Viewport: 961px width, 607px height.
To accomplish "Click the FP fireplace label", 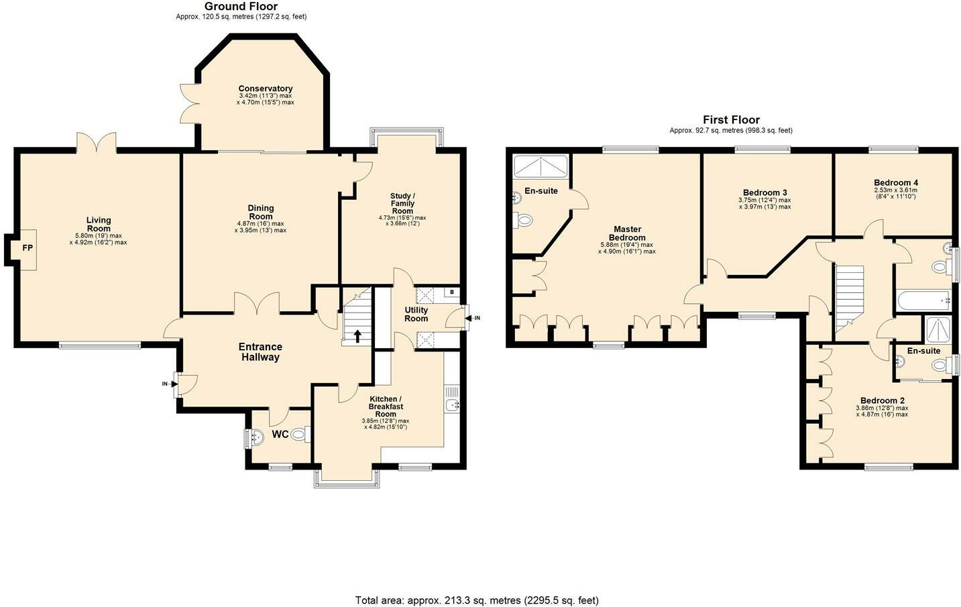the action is coord(27,248).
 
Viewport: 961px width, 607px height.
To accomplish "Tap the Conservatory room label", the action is coord(266,89).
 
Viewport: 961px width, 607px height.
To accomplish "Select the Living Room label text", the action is coord(99,224).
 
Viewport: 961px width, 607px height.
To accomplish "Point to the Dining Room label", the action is coord(261,213).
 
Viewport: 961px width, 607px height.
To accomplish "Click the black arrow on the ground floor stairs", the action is coord(357,336).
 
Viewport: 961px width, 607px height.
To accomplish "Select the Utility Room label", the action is coord(416,314).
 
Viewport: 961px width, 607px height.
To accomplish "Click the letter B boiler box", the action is coord(452,292).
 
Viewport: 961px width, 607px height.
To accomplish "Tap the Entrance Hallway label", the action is coord(260,351).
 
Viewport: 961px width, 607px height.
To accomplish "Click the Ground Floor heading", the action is coord(241,7).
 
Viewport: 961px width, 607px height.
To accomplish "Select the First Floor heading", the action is coord(732,119).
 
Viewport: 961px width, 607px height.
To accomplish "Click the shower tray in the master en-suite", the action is coord(541,167).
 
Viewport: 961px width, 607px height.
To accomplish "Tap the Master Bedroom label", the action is coord(627,233).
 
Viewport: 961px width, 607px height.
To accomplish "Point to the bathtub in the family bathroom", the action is coord(922,300).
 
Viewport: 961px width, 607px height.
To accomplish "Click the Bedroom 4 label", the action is coord(896,182).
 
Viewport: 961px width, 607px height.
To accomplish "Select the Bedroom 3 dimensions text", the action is coord(765,203).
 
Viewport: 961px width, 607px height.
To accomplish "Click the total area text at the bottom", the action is coord(477,600).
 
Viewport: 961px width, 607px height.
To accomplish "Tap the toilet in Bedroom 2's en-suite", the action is coord(942,366).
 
